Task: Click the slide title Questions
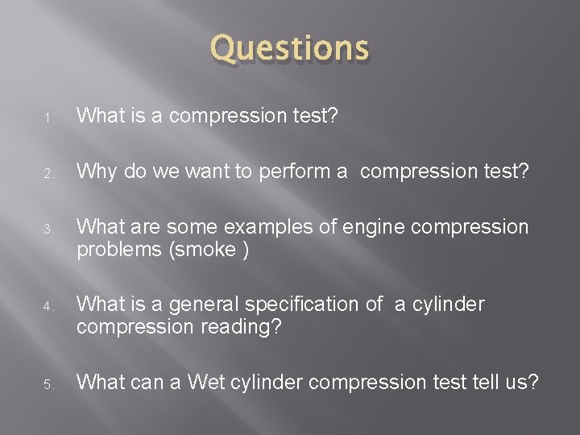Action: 289,49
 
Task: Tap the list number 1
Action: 48,118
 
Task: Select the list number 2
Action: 48,172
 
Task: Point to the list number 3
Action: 48,229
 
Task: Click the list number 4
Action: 48,306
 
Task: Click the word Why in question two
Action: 97,171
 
